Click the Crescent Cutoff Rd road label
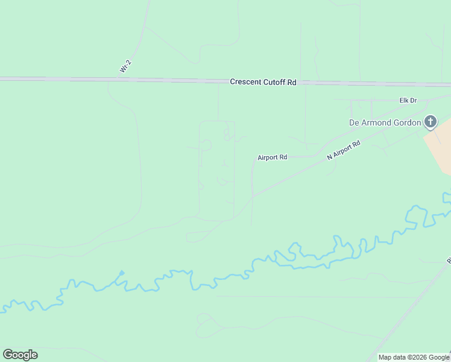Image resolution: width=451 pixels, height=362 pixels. tap(263, 82)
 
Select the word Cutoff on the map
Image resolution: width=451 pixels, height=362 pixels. tap(274, 82)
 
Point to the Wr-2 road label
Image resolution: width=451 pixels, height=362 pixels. tap(125, 67)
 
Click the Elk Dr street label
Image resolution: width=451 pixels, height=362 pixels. tap(408, 101)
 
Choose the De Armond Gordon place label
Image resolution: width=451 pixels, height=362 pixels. tap(385, 122)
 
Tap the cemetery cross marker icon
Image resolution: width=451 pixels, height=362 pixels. tap(430, 122)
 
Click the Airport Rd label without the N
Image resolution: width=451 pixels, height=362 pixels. tap(272, 157)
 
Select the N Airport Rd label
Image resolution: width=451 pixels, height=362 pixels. tap(344, 150)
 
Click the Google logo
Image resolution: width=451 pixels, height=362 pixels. tap(20, 355)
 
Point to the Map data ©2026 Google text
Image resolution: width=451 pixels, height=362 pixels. tap(414, 357)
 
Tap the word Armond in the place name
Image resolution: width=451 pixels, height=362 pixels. tap(377, 122)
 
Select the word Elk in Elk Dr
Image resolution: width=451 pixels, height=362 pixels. tap(404, 101)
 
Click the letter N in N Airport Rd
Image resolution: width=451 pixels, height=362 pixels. tap(330, 157)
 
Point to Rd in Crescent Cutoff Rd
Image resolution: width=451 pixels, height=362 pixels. tap(291, 82)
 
